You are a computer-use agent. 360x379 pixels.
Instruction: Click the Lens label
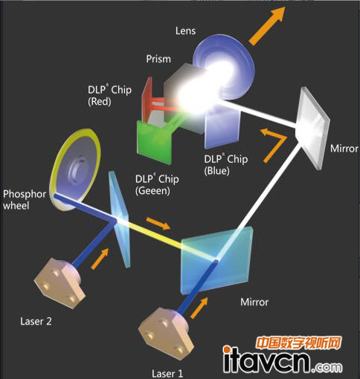pos(185,30)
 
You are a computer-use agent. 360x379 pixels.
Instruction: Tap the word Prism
pos(158,59)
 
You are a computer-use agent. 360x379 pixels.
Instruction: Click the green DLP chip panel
pos(154,142)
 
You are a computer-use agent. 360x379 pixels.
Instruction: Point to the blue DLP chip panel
pos(222,129)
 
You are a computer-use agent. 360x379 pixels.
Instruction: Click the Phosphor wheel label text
pos(25,200)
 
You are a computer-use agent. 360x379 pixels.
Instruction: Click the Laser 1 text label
pos(167,374)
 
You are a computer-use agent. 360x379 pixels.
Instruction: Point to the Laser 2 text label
pos(36,322)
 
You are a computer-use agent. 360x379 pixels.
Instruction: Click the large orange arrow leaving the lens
pos(267,26)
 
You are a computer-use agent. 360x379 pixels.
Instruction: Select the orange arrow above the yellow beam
pos(158,223)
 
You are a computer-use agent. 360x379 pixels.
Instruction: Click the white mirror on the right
pos(313,128)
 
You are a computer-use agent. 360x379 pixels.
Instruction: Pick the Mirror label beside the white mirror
pos(344,149)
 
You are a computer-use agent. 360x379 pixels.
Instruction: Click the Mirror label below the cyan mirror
pos(254,302)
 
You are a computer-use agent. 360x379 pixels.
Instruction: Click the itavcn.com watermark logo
pos(283,355)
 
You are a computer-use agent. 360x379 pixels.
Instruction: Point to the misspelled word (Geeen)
pos(152,191)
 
